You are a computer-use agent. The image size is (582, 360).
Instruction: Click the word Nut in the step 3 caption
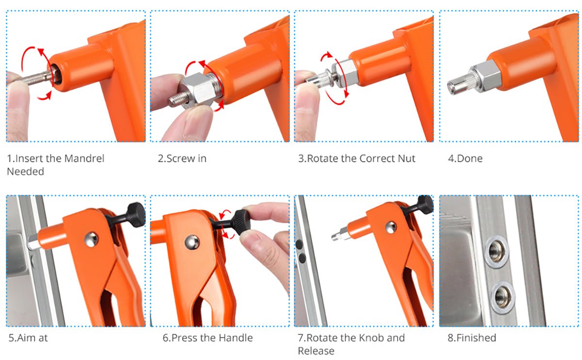(x=406, y=159)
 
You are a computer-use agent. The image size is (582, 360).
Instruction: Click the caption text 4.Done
(x=465, y=159)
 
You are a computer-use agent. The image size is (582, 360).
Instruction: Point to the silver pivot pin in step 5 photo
(x=90, y=237)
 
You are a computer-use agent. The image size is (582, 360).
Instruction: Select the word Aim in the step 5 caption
(x=27, y=338)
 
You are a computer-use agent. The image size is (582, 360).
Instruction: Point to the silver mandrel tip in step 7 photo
(x=338, y=236)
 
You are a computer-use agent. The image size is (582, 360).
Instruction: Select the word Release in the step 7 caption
(x=316, y=351)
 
